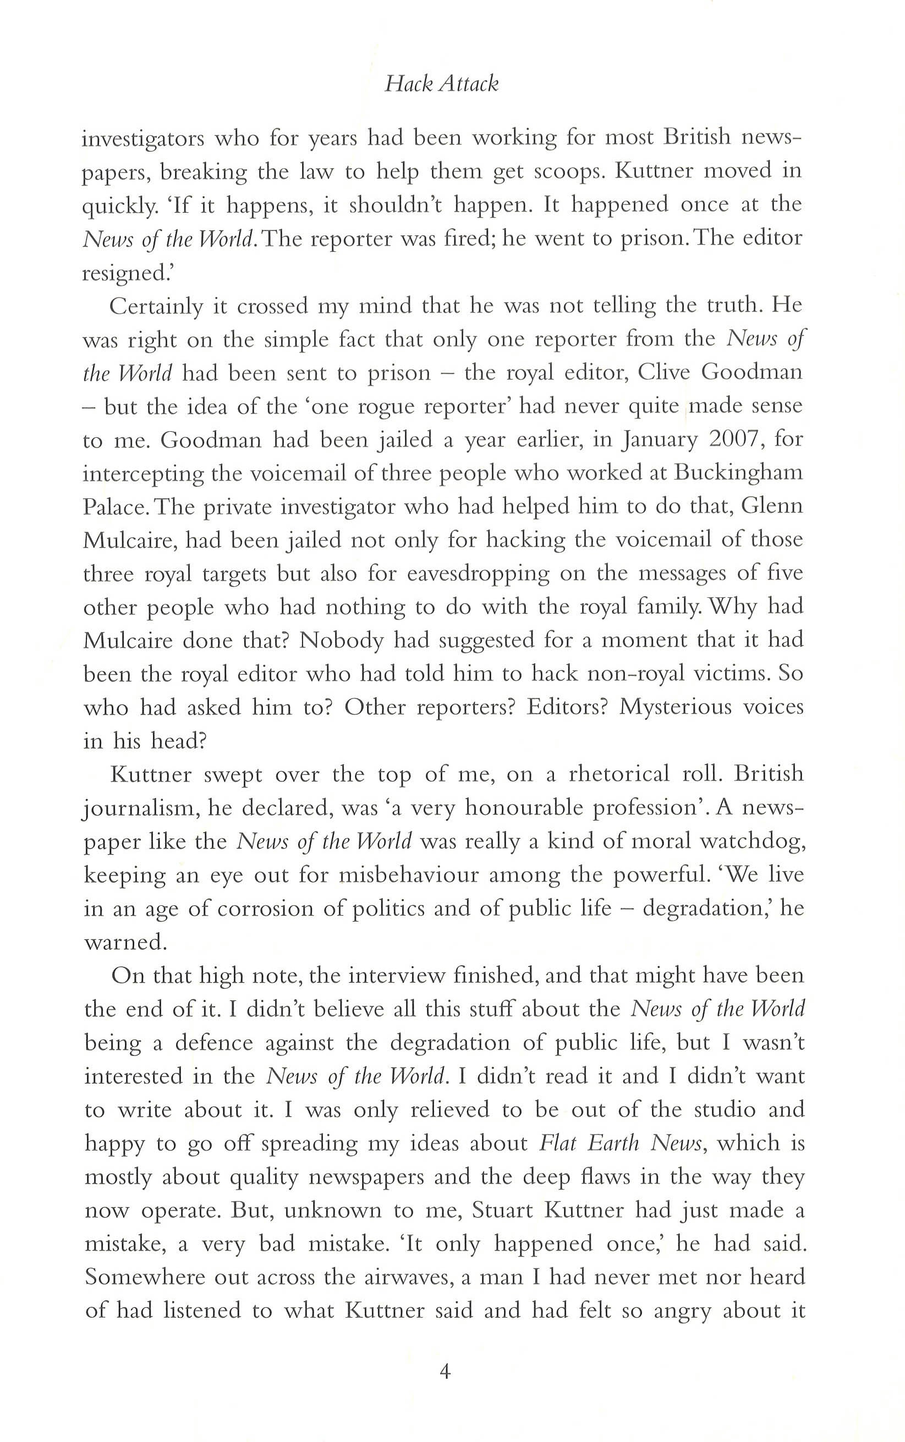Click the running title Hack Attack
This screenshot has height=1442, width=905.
[441, 84]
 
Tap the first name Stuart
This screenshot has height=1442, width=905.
[503, 1210]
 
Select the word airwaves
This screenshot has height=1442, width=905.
[390, 1278]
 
